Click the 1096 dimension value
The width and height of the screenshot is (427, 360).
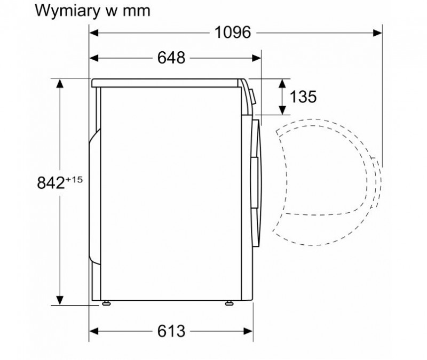[x=233, y=33]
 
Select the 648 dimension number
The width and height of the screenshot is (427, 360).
[x=171, y=58]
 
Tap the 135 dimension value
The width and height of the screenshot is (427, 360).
[x=303, y=97]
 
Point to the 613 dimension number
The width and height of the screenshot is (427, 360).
[x=171, y=331]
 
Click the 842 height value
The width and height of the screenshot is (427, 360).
[x=51, y=182]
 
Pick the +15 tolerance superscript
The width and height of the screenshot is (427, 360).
[x=74, y=180]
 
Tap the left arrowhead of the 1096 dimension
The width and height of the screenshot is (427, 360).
[x=94, y=33]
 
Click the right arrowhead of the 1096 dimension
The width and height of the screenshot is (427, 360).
[x=377, y=33]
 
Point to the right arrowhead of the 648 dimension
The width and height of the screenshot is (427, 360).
[x=257, y=58]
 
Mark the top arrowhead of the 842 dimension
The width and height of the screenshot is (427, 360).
[x=60, y=84]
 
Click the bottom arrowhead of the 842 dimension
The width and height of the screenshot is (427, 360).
[x=60, y=300]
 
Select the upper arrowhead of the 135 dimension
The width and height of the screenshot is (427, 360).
[x=282, y=84]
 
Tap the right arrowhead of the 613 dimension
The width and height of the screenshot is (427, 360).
[x=248, y=331]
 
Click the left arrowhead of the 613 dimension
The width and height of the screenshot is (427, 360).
[x=94, y=331]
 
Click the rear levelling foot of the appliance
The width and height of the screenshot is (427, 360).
[x=106, y=303]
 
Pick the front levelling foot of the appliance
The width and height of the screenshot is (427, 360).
[x=229, y=303]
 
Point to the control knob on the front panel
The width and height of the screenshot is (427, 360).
[x=253, y=97]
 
